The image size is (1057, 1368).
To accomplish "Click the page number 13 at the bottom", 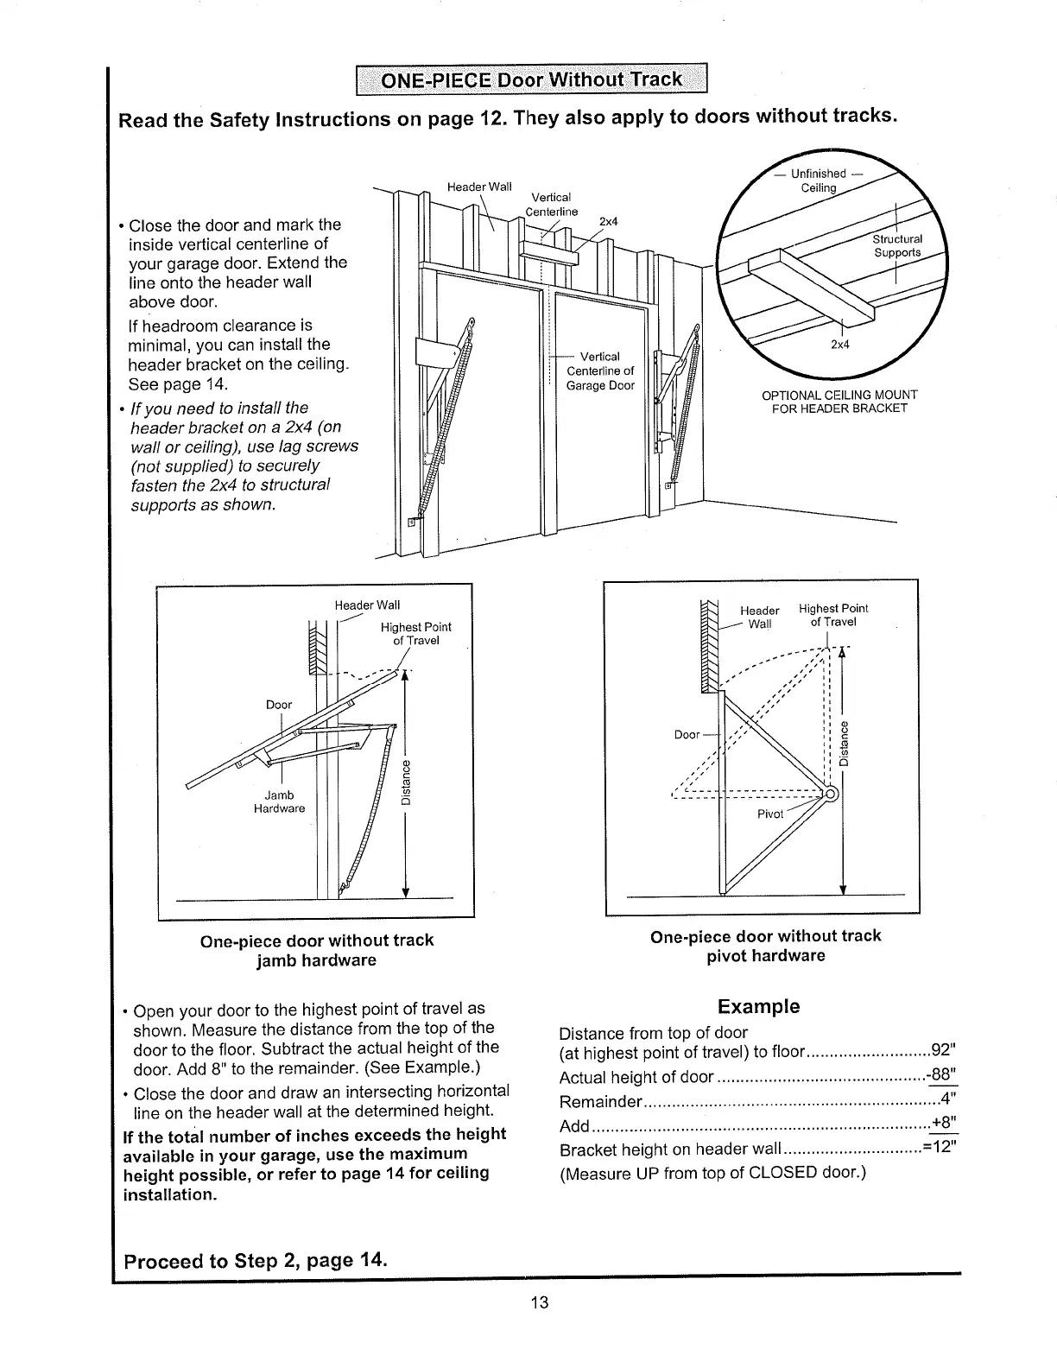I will (540, 1302).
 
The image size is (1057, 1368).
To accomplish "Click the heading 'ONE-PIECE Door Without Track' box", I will (533, 82).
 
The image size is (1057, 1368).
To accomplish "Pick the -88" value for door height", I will (941, 1076).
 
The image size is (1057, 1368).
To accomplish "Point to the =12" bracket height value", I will (940, 1149).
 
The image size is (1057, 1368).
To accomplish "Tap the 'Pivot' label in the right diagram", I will (770, 814).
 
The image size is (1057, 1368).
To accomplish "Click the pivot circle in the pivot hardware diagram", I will (830, 794).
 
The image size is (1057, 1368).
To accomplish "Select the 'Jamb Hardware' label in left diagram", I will (279, 801).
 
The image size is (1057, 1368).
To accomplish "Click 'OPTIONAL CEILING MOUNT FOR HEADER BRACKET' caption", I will (839, 402).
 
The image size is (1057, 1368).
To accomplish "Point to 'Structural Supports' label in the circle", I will (898, 246).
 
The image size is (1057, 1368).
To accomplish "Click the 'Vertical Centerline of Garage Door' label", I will (600, 371).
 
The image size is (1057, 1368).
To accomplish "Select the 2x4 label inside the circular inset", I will (839, 345).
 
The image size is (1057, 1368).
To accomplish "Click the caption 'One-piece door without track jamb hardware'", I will (316, 950).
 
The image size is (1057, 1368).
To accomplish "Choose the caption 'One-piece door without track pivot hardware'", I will (765, 946).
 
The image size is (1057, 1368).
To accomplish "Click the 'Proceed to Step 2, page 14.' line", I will (256, 1260).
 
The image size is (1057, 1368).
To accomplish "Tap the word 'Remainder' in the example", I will (601, 1102).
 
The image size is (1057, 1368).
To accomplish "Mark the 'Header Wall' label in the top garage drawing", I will (479, 187).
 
